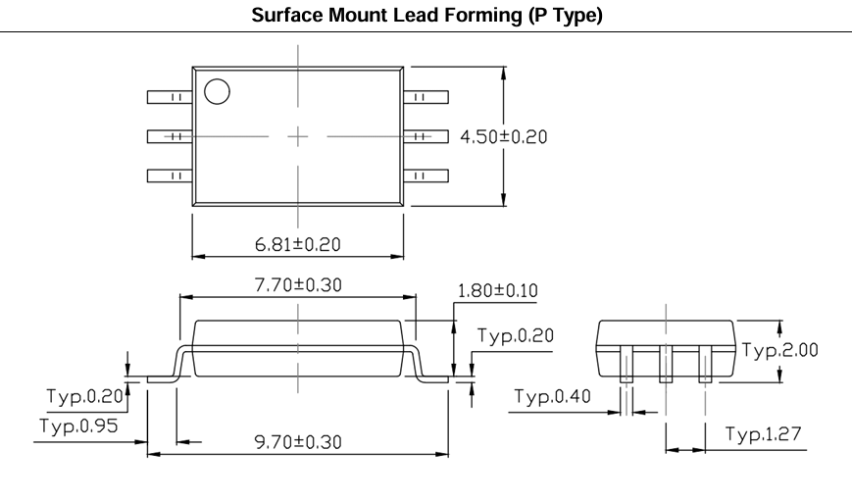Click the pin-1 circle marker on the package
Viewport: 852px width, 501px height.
(x=217, y=92)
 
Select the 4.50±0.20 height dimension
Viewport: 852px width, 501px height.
(x=504, y=136)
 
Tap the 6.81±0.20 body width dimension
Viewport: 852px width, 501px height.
(x=298, y=244)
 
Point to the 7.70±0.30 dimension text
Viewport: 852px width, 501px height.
(x=298, y=284)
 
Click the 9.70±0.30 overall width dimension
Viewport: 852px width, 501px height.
(x=298, y=442)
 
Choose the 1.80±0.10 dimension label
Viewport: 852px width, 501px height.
(x=498, y=291)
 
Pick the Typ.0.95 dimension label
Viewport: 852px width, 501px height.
(x=78, y=426)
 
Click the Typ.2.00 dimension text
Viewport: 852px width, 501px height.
(x=779, y=349)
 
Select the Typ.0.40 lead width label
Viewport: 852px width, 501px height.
(x=552, y=396)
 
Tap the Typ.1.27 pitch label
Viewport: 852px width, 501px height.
(x=764, y=433)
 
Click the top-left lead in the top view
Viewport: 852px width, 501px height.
(x=170, y=97)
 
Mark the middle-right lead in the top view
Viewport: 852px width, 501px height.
(x=426, y=136)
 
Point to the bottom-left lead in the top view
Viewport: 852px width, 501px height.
(x=170, y=175)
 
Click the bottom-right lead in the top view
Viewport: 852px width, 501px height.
(x=426, y=175)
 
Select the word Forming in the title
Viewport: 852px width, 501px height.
(x=483, y=16)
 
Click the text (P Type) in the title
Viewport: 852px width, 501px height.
(x=566, y=16)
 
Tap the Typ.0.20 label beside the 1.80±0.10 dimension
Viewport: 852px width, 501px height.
(x=515, y=335)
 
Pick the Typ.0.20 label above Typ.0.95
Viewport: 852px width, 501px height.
(x=84, y=395)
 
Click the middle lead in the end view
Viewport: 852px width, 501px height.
(x=666, y=364)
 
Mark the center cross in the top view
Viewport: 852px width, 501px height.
(x=298, y=136)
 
